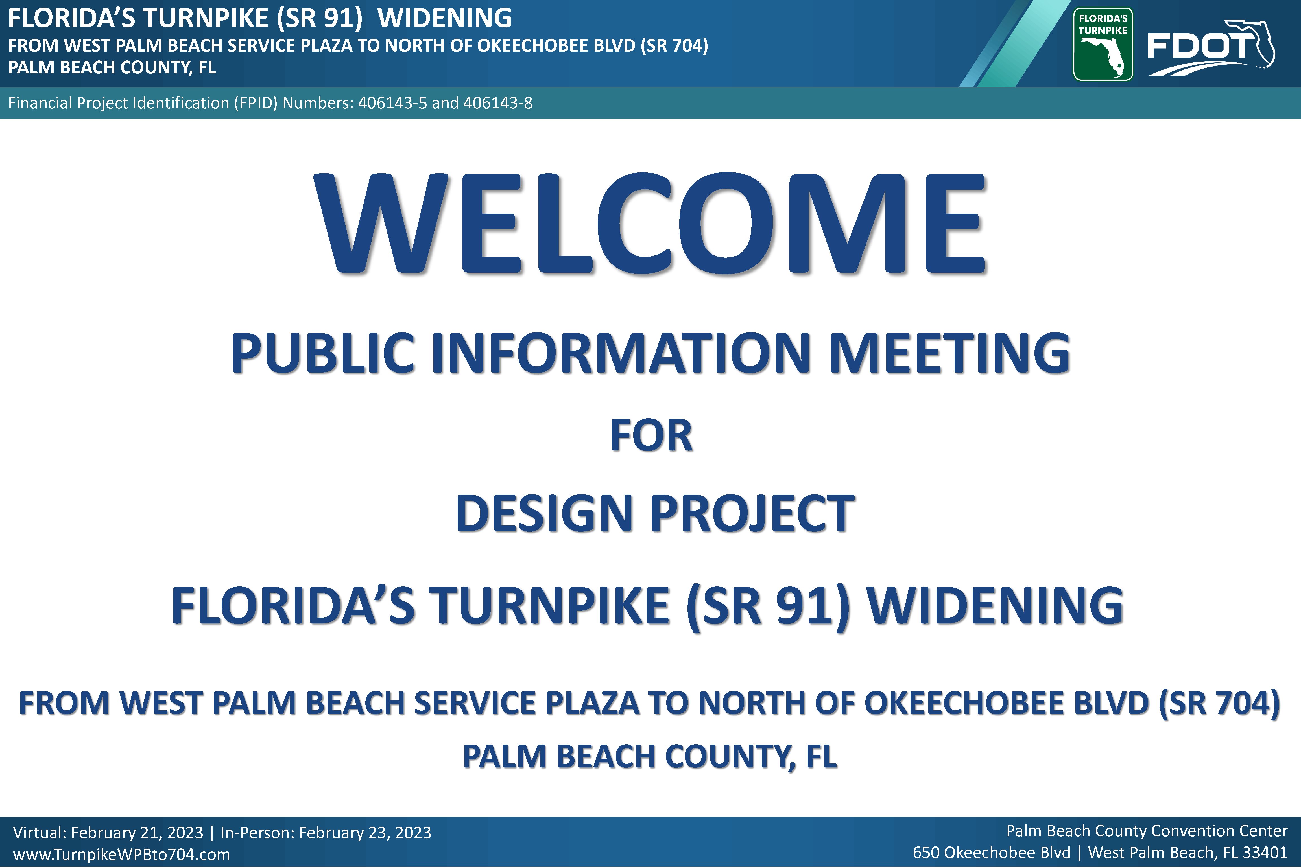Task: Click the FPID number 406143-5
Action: (392, 103)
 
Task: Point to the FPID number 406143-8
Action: (498, 103)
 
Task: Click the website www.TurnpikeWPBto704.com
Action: (121, 854)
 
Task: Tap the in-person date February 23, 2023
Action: (365, 833)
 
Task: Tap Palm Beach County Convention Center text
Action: (1147, 831)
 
